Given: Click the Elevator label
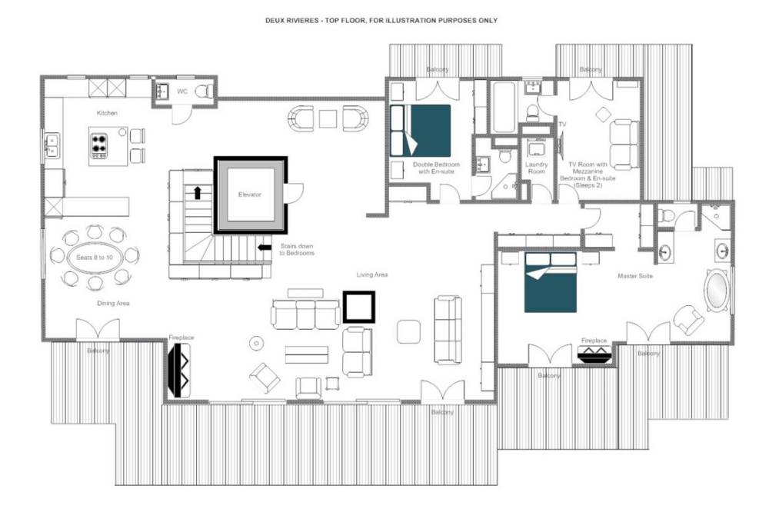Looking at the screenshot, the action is click(x=250, y=194).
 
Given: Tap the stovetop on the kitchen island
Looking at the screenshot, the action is click(x=99, y=145).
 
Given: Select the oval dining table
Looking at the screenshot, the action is click(x=95, y=257).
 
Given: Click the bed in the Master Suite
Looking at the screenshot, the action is click(x=551, y=282).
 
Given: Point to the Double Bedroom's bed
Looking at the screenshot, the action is click(x=421, y=131).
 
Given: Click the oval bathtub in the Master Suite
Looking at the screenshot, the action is click(x=716, y=291).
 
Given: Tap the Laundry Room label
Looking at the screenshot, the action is click(x=536, y=168).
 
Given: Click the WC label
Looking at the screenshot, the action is click(x=182, y=91).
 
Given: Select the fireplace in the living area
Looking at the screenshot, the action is click(x=179, y=370).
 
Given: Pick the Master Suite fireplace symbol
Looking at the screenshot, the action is click(x=594, y=354).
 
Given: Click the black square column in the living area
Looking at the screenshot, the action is click(x=358, y=307).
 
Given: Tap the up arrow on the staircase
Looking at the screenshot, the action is click(x=198, y=193).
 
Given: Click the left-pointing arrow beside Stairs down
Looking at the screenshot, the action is click(x=265, y=248).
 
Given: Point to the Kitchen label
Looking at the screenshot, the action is click(x=107, y=113).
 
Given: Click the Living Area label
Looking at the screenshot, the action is click(x=371, y=274).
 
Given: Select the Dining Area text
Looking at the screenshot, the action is click(x=113, y=303).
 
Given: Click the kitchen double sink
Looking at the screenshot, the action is click(x=52, y=145).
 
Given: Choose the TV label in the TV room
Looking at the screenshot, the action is click(x=562, y=124).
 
